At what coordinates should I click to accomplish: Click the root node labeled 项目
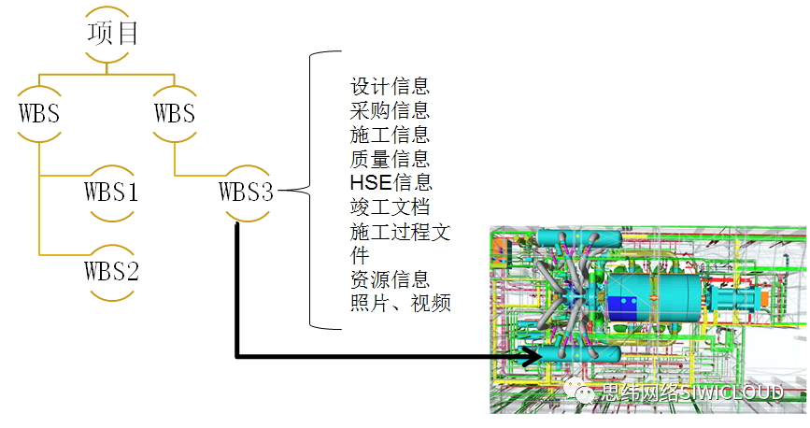112,36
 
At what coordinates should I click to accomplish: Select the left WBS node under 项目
39,115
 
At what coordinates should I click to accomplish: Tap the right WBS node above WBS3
174,115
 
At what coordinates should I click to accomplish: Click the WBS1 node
111,193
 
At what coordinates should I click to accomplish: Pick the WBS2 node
111,272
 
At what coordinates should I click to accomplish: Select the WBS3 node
247,193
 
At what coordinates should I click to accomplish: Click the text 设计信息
390,87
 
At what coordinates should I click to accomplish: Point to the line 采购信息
390,111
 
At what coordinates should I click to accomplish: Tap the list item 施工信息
390,136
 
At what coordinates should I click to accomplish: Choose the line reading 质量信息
390,159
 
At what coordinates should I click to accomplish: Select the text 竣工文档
390,207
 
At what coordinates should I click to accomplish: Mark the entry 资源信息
390,279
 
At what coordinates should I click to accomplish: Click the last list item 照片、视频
401,304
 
